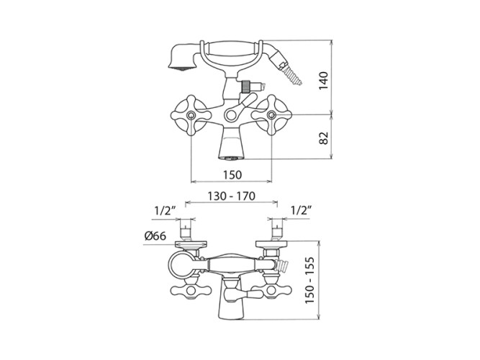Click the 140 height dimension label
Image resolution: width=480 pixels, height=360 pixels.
click(323, 81)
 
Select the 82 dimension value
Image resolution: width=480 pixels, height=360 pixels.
click(323, 138)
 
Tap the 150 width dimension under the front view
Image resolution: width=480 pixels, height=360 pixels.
click(232, 175)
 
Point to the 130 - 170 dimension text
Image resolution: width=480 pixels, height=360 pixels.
click(232, 196)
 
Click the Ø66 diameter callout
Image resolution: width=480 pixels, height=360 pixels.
click(155, 236)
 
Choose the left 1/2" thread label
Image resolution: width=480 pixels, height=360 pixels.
click(165, 211)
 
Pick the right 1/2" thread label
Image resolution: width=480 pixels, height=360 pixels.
click(302, 210)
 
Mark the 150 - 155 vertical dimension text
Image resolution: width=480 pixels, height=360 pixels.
click(309, 280)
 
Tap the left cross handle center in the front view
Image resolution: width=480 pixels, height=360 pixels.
click(191, 115)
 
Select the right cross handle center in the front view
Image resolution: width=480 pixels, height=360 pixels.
click(271, 115)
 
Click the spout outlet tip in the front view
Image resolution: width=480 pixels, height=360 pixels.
click(231, 158)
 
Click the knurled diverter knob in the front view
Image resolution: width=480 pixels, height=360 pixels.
click(245, 86)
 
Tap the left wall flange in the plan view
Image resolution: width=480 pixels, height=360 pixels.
click(191, 245)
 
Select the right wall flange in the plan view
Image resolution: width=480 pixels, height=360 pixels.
click(271, 245)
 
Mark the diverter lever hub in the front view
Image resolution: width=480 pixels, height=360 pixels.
click(231, 115)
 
